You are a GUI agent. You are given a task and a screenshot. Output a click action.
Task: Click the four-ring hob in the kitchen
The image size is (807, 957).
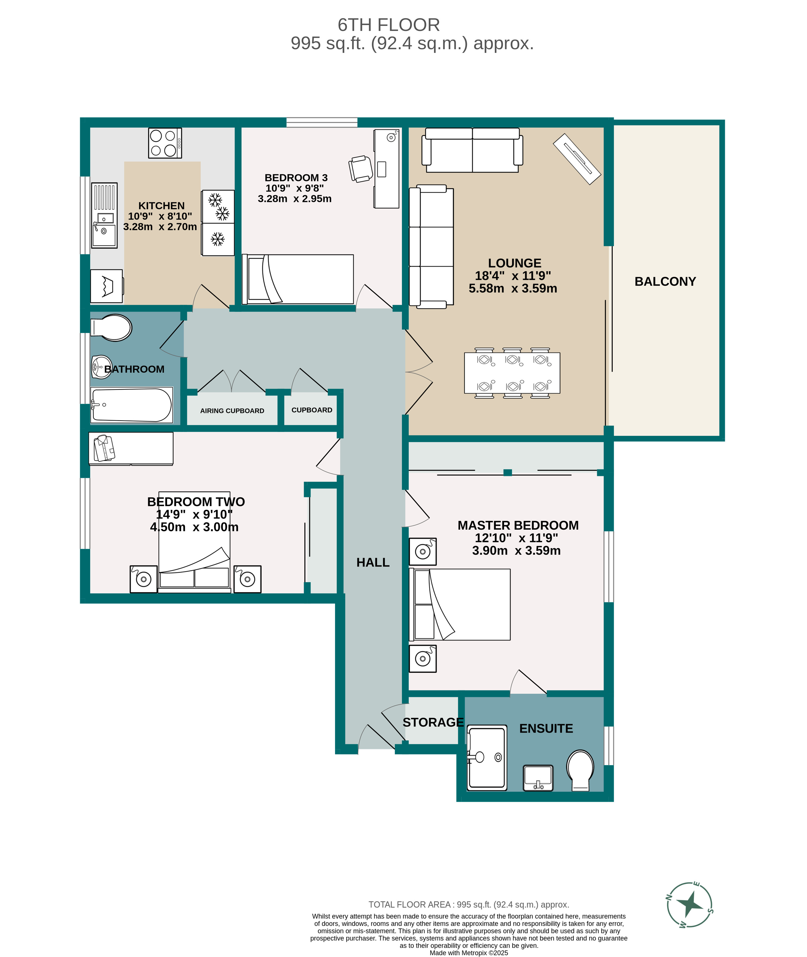(165, 143)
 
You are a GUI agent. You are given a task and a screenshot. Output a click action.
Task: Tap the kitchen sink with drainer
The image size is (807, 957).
(104, 215)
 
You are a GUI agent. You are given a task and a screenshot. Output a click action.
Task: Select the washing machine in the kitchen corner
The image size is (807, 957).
(107, 286)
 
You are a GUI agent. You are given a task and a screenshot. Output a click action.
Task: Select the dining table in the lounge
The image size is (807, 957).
(512, 373)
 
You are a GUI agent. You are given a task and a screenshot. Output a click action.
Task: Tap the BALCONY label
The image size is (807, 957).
(665, 281)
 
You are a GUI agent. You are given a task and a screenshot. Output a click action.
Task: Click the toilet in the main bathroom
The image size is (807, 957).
(112, 328)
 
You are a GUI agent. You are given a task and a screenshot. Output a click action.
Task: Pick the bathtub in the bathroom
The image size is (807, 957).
(131, 405)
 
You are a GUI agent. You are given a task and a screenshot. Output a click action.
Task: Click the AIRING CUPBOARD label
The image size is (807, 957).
(232, 411)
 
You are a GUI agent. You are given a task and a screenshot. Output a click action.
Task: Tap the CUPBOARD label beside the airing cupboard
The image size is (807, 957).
(311, 410)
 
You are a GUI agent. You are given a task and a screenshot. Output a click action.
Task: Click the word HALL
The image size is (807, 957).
(373, 562)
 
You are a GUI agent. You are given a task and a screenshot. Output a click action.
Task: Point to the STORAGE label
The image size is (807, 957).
(433, 722)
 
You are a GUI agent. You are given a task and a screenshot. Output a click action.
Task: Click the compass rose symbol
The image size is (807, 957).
(690, 904)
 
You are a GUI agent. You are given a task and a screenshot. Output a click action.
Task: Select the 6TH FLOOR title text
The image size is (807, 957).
(388, 25)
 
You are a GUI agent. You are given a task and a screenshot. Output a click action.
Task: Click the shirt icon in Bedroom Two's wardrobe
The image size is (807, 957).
(104, 448)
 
